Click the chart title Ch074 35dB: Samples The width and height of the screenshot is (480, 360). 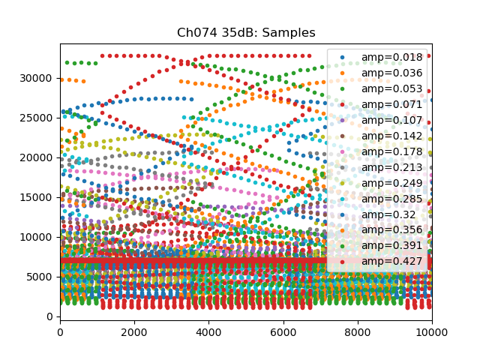click(246, 33)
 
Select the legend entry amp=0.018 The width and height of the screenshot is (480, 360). click(381, 57)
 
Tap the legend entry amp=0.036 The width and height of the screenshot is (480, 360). click(381, 73)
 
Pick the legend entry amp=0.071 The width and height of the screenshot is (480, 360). click(381, 104)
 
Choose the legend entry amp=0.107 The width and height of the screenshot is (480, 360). click(381, 120)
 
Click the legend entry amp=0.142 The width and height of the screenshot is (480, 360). click(381, 136)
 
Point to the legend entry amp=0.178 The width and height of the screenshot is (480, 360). click(381, 151)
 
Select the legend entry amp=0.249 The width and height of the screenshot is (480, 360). click(381, 183)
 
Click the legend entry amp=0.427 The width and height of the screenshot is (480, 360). click(381, 262)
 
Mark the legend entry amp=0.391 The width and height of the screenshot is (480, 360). click(381, 246)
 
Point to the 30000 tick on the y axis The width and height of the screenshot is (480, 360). click(39, 78)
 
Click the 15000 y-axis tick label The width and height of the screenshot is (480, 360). click(39, 197)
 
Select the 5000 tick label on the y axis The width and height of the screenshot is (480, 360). click(42, 277)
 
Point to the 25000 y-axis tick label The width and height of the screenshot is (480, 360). click(39, 118)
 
